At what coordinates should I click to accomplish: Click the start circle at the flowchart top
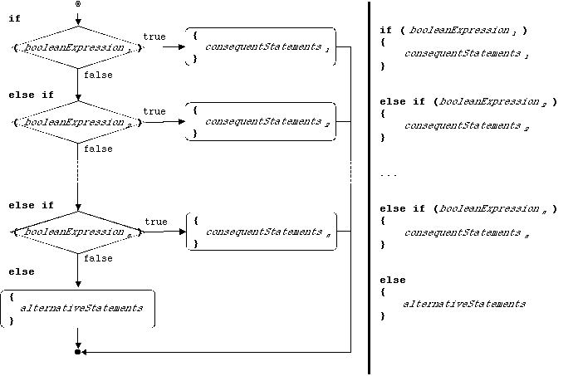(77, 4)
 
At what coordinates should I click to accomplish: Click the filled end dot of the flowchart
(77, 352)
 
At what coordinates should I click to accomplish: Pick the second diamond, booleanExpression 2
(76, 123)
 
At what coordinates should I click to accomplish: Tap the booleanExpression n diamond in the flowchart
(76, 233)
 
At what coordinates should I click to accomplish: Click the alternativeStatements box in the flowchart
(79, 308)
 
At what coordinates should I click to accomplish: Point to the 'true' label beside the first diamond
(154, 37)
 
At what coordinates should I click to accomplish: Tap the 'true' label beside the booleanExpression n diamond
(156, 222)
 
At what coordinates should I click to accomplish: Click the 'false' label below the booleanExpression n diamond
(98, 259)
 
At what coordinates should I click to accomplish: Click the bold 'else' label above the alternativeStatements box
(22, 271)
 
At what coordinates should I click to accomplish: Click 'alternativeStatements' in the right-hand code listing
(464, 304)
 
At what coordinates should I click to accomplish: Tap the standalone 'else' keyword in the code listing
(393, 281)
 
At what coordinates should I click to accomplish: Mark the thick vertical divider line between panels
(369, 188)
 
